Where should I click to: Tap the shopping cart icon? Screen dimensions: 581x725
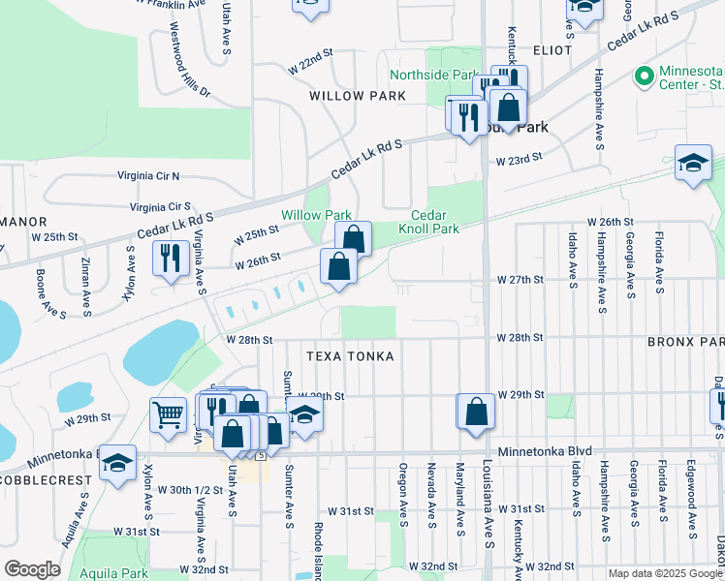click(169, 414)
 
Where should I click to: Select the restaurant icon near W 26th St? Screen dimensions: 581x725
click(171, 259)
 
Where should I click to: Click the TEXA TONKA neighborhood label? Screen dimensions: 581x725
click(350, 356)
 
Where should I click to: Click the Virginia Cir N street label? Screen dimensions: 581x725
click(149, 176)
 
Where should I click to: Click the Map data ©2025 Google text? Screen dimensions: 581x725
click(666, 573)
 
